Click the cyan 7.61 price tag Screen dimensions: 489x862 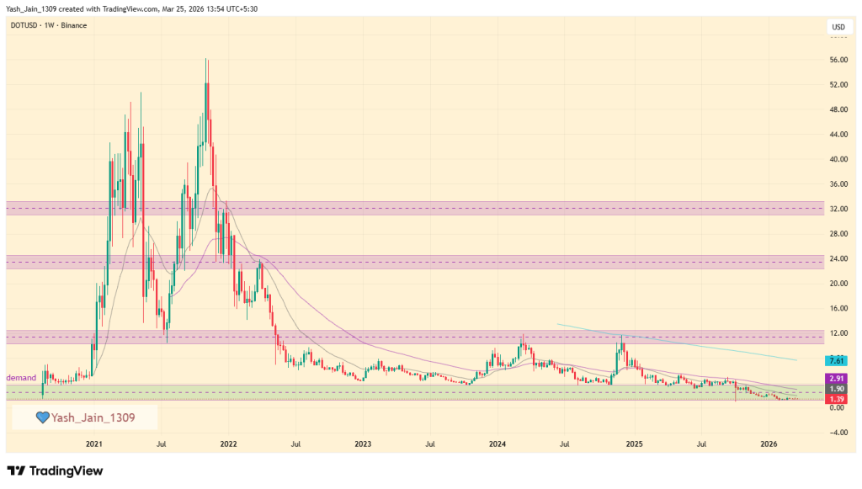coord(836,360)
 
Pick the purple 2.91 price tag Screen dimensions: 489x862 coord(836,380)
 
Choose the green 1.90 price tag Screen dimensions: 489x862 coord(836,389)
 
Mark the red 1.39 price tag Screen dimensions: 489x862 coord(836,398)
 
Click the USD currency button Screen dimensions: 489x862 coord(838,27)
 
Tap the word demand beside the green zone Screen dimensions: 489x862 coord(21,379)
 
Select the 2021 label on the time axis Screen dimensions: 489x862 coord(93,443)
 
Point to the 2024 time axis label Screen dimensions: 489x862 coord(498,443)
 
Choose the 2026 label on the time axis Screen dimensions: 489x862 coord(768,443)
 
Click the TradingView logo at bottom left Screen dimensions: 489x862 coord(55,471)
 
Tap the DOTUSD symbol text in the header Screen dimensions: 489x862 coord(24,25)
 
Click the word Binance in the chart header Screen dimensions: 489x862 coord(74,25)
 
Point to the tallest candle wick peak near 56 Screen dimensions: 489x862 coord(205,59)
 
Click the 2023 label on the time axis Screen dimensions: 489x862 coord(363,443)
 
